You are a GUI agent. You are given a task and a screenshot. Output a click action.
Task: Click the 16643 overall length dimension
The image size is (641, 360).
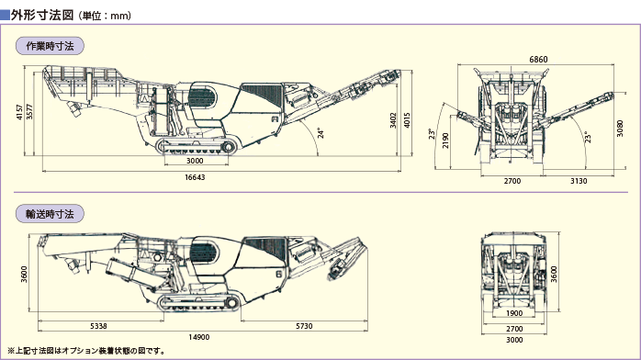click(195, 177)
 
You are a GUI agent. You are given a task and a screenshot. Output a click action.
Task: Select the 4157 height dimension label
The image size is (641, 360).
click(19, 112)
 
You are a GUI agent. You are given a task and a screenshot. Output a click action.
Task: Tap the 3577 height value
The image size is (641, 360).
click(29, 112)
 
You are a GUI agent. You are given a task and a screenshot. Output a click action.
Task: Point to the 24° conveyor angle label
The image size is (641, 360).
click(320, 133)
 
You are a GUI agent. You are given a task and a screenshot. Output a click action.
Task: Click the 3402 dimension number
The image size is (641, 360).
click(393, 120)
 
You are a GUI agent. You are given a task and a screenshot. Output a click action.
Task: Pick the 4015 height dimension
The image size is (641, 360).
click(407, 120)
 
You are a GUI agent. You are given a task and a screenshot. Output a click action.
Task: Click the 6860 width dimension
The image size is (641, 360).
click(538, 60)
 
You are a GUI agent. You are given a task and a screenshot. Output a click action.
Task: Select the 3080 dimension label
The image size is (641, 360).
click(620, 129)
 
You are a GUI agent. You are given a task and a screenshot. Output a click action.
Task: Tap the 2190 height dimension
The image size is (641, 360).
click(445, 141)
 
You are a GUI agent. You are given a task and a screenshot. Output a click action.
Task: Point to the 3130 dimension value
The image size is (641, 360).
click(579, 181)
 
